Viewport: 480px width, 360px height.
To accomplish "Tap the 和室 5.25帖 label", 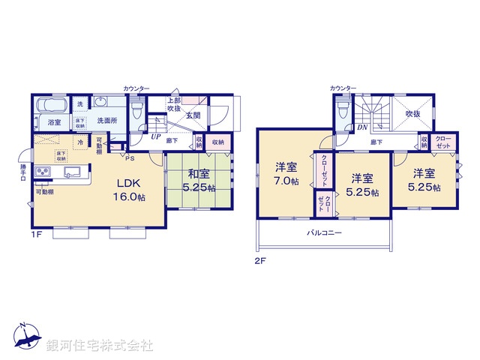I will click(x=199, y=181).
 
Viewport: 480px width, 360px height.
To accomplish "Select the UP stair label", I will click(x=155, y=137).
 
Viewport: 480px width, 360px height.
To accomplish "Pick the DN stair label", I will click(x=361, y=127).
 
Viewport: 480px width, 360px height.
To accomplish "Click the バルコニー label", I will click(x=324, y=233).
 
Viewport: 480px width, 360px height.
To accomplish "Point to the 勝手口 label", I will click(x=23, y=173).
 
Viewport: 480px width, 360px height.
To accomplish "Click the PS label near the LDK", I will click(x=129, y=157).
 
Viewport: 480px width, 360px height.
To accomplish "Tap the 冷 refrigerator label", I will click(x=79, y=142).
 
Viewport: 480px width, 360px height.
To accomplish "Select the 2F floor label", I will click(x=259, y=260).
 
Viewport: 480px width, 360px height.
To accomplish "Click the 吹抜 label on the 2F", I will click(x=412, y=113).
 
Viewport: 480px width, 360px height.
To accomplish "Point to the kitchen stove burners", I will click(x=40, y=174).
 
